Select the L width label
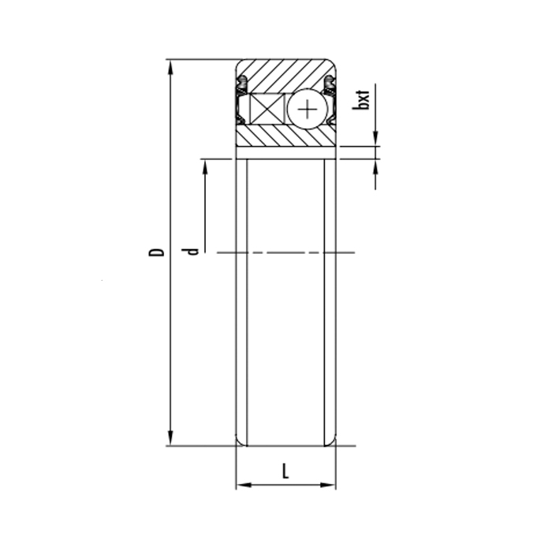coord(285,471)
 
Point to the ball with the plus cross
coord(308,109)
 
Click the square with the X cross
coord(267,109)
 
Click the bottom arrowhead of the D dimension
coord(171,438)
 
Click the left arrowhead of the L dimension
coord(244,485)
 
